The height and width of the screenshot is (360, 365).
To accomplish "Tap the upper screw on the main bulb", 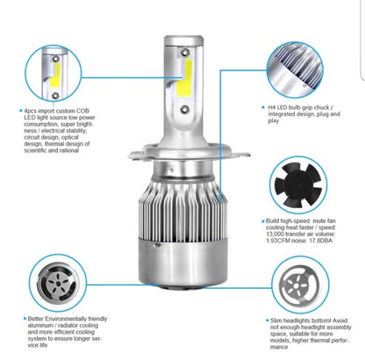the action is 184,53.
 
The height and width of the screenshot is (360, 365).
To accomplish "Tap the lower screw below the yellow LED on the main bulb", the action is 184,110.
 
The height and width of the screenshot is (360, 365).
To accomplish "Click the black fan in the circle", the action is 298,185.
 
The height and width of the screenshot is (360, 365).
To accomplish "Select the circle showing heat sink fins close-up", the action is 295,69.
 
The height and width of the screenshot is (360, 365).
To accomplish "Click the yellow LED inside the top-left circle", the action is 55,75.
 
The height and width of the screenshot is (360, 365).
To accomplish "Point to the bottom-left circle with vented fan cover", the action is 58,283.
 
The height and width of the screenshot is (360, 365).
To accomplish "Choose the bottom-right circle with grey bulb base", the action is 300,284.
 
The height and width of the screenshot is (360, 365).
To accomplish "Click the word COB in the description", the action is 82,111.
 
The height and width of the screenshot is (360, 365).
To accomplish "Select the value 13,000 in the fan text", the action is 275,234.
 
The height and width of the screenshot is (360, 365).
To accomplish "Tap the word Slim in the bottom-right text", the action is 276,320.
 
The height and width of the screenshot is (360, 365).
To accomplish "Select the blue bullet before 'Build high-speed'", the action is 263,221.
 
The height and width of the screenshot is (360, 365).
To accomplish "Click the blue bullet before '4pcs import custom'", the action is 21,111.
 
